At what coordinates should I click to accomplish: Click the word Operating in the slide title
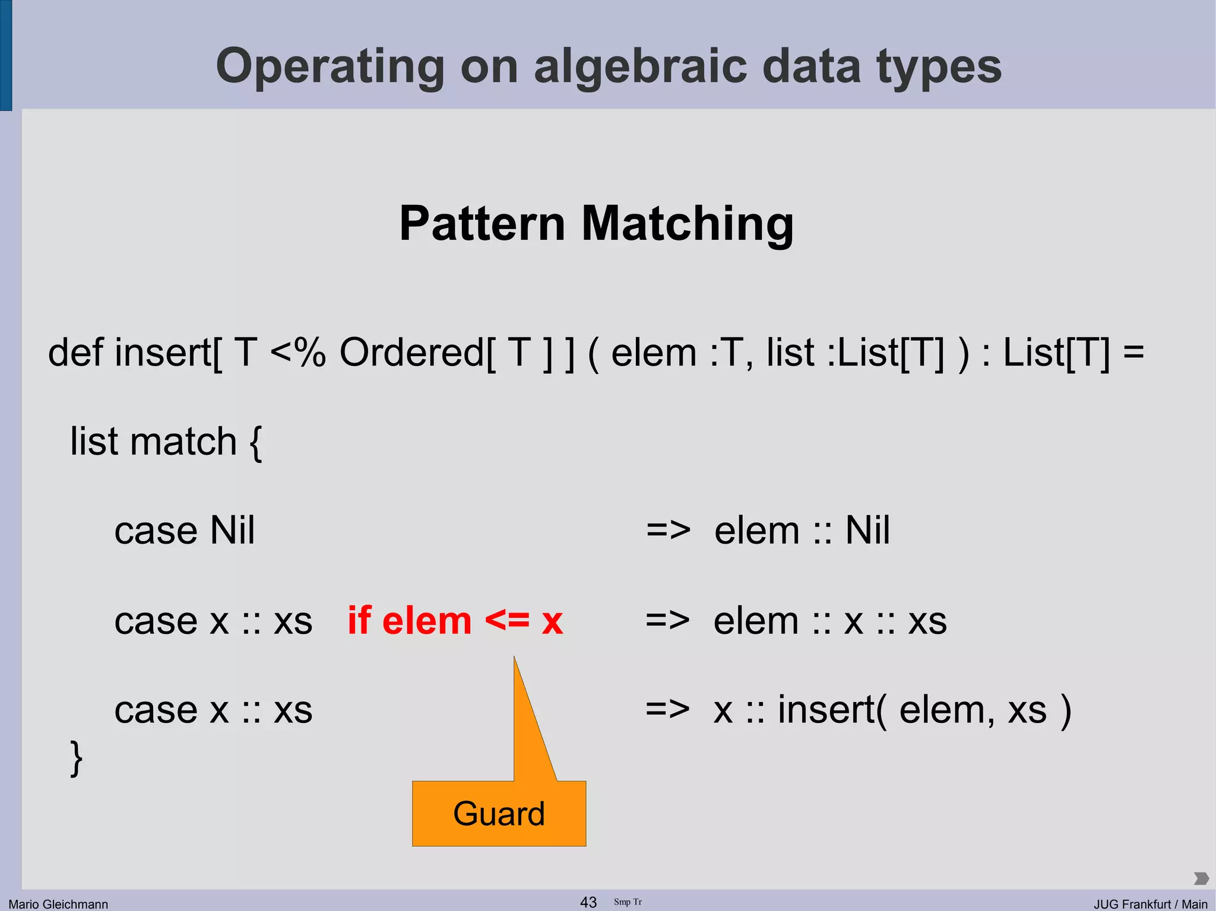pyautogui.click(x=330, y=66)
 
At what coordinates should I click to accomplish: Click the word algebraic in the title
pyautogui.click(x=640, y=66)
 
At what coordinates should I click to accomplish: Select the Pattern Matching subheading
pyautogui.click(x=596, y=223)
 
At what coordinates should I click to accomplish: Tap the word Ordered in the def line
pyautogui.click(x=412, y=353)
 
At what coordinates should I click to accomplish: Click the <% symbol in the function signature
pyautogui.click(x=297, y=353)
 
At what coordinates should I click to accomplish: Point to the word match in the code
pyautogui.click(x=183, y=442)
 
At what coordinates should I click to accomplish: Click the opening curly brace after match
pyautogui.click(x=256, y=443)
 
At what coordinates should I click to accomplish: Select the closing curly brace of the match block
pyautogui.click(x=76, y=758)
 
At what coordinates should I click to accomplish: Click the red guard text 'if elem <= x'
pyautogui.click(x=455, y=621)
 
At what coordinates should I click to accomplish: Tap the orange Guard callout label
pyautogui.click(x=499, y=813)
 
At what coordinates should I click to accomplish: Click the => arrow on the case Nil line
pyautogui.click(x=668, y=530)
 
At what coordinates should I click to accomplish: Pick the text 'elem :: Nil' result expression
pyautogui.click(x=802, y=530)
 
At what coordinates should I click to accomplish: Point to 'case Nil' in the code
pyautogui.click(x=184, y=530)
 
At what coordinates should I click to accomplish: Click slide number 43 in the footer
pyautogui.click(x=588, y=902)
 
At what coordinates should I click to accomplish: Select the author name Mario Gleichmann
pyautogui.click(x=58, y=904)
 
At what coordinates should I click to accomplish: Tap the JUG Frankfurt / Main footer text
pyautogui.click(x=1150, y=904)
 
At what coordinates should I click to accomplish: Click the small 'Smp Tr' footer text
pyautogui.click(x=628, y=902)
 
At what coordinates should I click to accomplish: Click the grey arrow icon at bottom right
pyautogui.click(x=1201, y=878)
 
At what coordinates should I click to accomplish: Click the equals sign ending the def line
pyautogui.click(x=1133, y=353)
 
